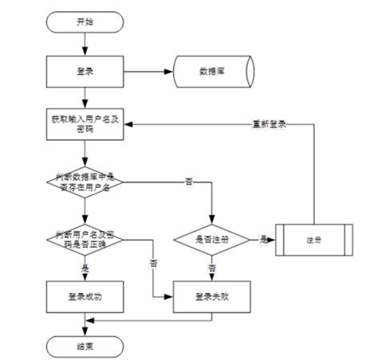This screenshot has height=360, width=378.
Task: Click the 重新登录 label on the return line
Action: tap(269, 123)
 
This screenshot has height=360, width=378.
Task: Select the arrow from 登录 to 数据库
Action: tap(148, 71)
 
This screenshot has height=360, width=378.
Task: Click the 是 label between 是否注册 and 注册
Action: tap(262, 237)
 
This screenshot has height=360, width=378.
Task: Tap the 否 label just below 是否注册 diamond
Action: tap(212, 268)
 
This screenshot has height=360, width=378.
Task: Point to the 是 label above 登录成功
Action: tap(85, 268)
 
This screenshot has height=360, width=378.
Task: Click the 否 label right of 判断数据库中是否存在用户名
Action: tap(188, 182)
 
